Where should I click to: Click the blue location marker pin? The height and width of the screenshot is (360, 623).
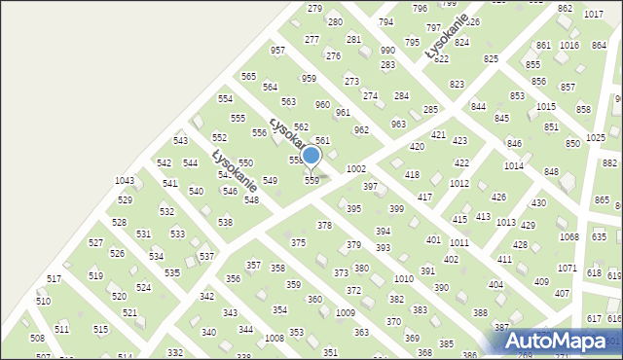(311, 156)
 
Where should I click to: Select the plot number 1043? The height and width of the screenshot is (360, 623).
(125, 181)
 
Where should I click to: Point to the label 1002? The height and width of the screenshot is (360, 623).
(356, 169)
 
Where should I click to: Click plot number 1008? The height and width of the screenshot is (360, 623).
(275, 338)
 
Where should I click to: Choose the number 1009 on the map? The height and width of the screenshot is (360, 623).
(345, 312)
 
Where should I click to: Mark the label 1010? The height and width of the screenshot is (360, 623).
(403, 279)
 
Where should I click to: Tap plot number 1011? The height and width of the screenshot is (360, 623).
(459, 242)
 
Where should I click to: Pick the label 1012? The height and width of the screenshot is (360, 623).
(459, 183)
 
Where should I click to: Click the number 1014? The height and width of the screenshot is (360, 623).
(513, 166)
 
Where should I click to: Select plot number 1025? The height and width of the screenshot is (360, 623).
(596, 139)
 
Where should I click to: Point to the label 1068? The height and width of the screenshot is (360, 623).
(568, 237)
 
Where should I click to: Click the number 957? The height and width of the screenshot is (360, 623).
(277, 50)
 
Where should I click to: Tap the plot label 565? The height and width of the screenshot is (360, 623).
(248, 76)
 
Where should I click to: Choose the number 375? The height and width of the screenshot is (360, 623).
(298, 242)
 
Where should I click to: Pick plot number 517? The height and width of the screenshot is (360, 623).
(54, 279)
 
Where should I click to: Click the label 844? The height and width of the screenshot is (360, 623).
(478, 106)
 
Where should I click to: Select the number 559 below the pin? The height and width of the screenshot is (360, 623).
(311, 181)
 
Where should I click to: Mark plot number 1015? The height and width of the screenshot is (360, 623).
(546, 106)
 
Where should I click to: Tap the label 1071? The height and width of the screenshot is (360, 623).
(568, 268)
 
